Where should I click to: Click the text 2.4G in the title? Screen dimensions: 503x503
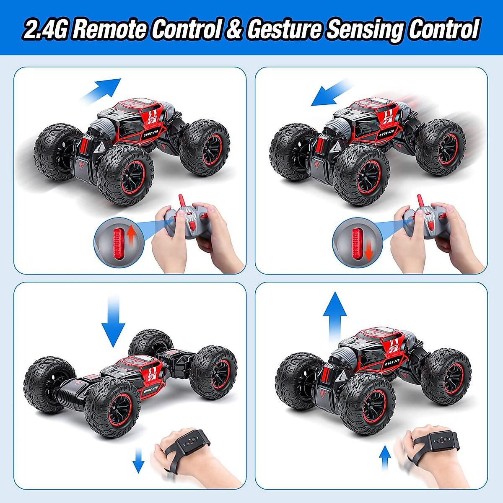(45, 30)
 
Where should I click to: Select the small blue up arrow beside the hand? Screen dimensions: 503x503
(384, 458)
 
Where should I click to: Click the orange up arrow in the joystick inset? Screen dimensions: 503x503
(131, 235)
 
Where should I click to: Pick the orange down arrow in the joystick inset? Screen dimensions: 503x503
(368, 251)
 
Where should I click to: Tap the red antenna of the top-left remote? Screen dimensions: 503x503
(181, 201)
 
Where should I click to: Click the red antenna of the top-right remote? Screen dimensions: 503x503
(420, 201)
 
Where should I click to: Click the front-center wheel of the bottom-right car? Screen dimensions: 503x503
(367, 404)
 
